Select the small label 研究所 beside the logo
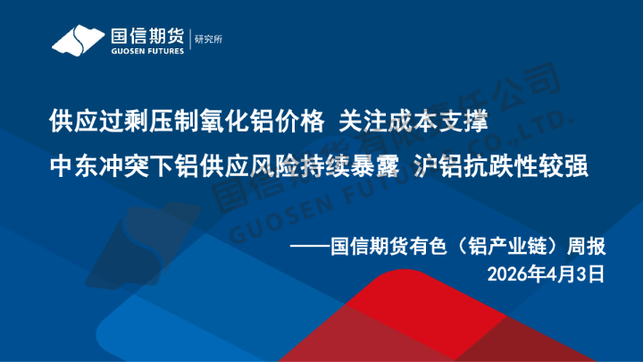pos(207,39)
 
